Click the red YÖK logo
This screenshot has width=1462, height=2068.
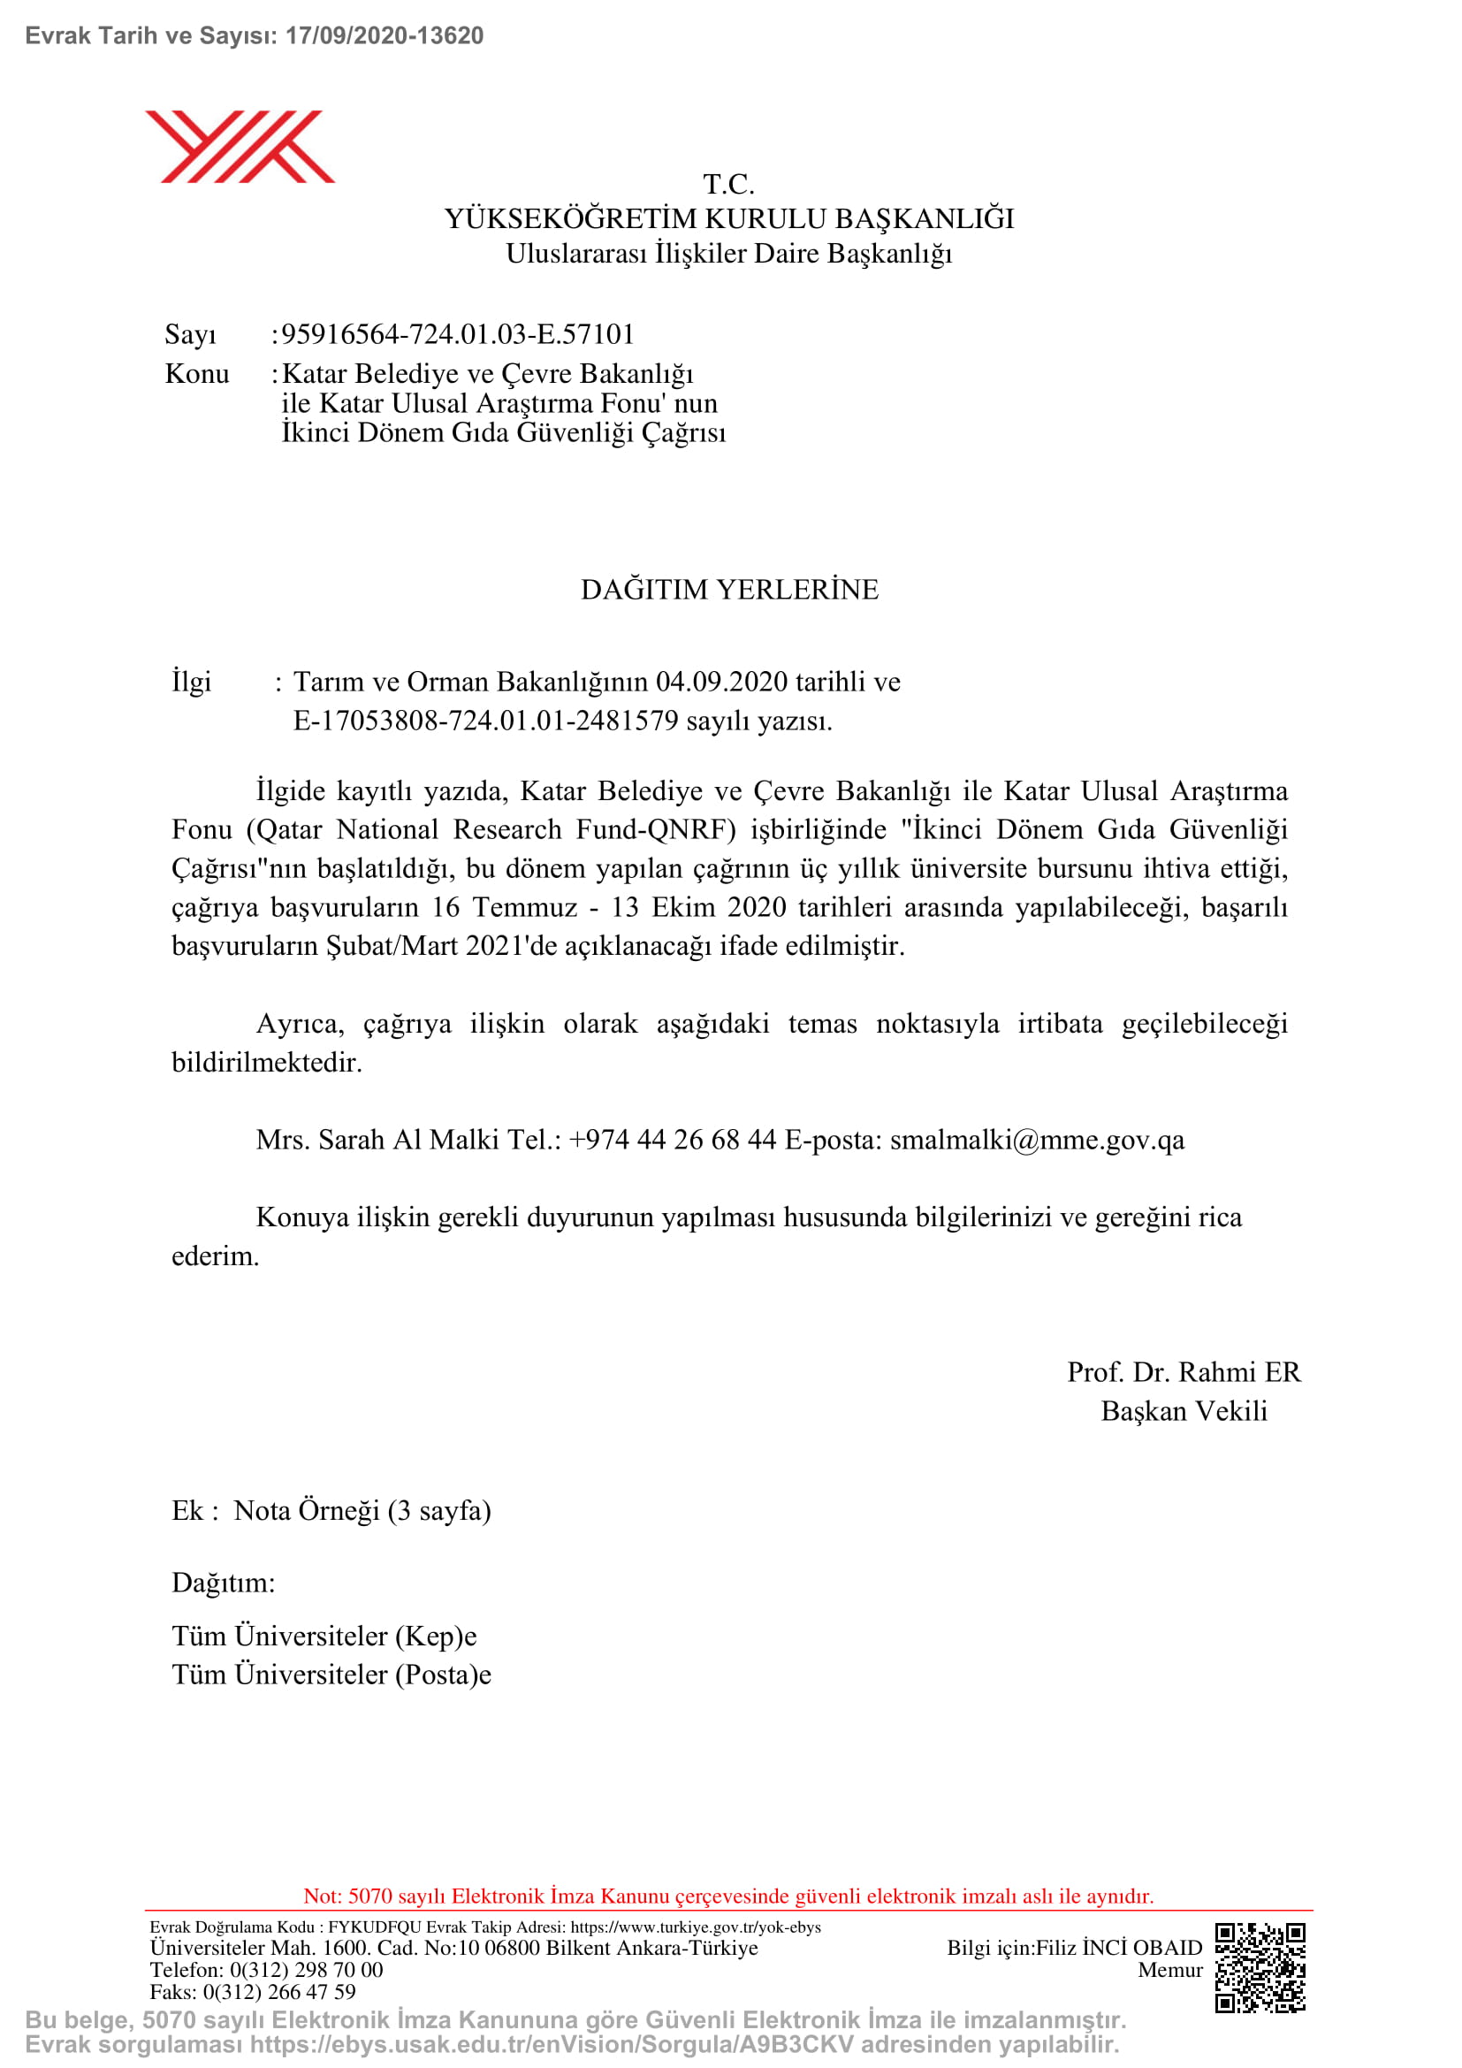(x=240, y=147)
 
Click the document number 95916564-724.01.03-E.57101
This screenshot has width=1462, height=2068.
(x=457, y=334)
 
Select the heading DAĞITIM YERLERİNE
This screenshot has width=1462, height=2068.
(x=729, y=589)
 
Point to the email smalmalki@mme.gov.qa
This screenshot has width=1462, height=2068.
(x=1037, y=1140)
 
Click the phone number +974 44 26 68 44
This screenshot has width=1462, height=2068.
(x=673, y=1140)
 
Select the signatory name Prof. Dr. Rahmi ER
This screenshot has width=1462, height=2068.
(x=1183, y=1372)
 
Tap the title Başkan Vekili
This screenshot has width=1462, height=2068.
(x=1183, y=1410)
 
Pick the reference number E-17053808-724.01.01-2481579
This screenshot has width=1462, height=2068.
(x=485, y=721)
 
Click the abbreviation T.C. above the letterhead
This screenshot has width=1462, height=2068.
(x=728, y=185)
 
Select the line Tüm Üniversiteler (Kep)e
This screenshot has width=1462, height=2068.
(x=324, y=1636)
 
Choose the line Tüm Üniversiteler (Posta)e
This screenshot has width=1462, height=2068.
(x=331, y=1675)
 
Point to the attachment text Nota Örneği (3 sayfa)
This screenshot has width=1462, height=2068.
(x=362, y=1510)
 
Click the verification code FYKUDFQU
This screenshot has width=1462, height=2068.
(x=375, y=1927)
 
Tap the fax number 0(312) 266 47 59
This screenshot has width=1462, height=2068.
(x=279, y=1991)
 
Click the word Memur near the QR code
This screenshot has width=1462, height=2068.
(x=1169, y=1970)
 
